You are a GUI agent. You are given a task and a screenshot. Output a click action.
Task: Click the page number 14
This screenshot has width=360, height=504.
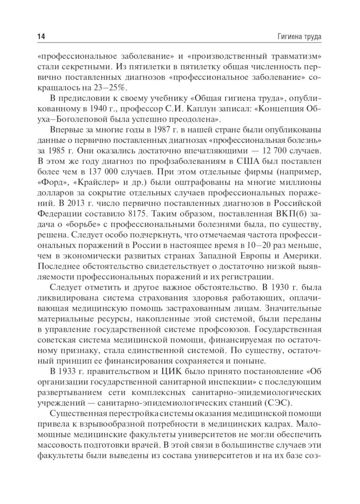point(41,36)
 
